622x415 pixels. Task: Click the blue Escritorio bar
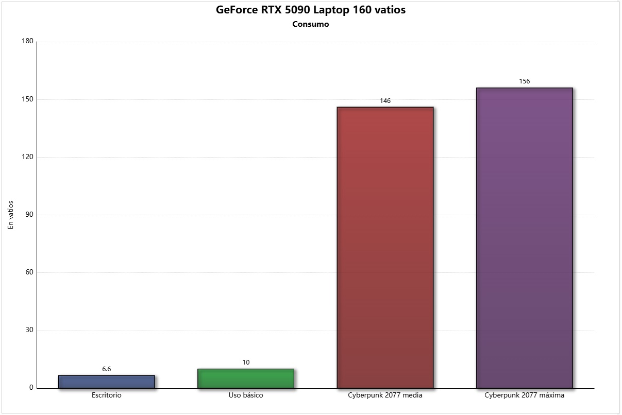(x=106, y=382)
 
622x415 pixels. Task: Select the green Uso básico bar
(x=246, y=378)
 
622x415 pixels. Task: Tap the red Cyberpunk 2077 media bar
(x=385, y=247)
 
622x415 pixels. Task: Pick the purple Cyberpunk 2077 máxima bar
(x=524, y=238)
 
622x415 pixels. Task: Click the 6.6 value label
(x=107, y=369)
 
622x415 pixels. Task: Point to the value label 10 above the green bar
(x=246, y=362)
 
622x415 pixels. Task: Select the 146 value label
(x=385, y=101)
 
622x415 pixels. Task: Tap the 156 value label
(x=525, y=81)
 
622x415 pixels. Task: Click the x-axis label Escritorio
(x=107, y=395)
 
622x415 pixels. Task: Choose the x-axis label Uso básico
(x=246, y=395)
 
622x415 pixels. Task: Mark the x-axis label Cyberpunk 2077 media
(x=385, y=395)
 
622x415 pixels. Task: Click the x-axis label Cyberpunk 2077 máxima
(x=525, y=395)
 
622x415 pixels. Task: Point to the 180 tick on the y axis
(x=27, y=42)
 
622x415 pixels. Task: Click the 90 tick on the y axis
(x=29, y=215)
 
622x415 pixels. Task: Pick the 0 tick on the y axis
(x=31, y=388)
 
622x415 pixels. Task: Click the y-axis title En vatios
(x=11, y=215)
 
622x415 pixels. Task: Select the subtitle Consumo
(x=311, y=24)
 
